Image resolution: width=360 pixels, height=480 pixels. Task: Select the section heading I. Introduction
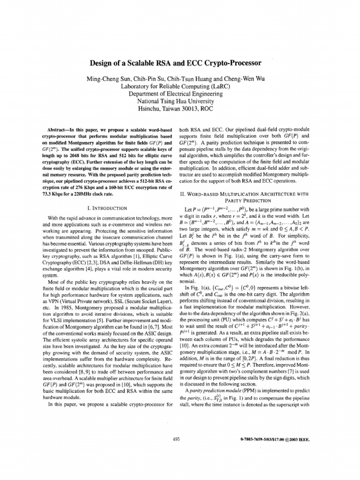click(109, 207)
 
